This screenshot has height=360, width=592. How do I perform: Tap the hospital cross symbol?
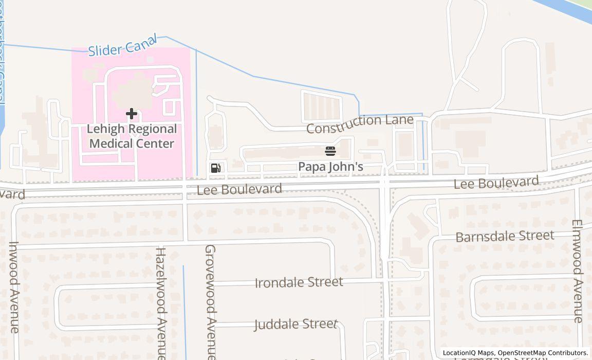132,114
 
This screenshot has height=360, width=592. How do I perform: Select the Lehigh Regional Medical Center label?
132,136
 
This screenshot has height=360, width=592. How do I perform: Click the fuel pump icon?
216,168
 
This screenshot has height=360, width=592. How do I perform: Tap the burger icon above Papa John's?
330,151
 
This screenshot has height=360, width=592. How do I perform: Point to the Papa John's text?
331,167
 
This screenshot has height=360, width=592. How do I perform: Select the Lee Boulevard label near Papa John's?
239,189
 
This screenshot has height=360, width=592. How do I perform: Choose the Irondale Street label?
299,283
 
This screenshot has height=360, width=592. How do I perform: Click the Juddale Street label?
296,325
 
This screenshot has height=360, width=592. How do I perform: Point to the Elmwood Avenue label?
578,271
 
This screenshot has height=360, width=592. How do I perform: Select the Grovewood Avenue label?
210,301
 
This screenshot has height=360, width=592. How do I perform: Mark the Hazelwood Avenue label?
161,303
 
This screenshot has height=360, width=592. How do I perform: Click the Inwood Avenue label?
14,287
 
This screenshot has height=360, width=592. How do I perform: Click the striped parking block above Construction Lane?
321,106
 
